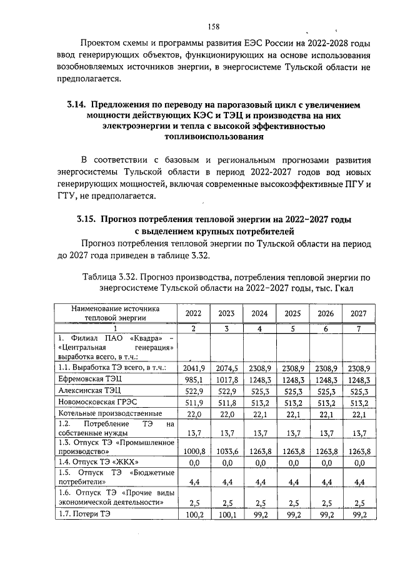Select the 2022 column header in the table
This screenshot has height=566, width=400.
[x=193, y=313]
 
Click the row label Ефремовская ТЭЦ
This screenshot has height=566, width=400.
[x=89, y=380]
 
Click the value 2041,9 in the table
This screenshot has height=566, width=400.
[x=193, y=368]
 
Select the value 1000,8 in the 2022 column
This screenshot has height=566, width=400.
[x=193, y=450]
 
